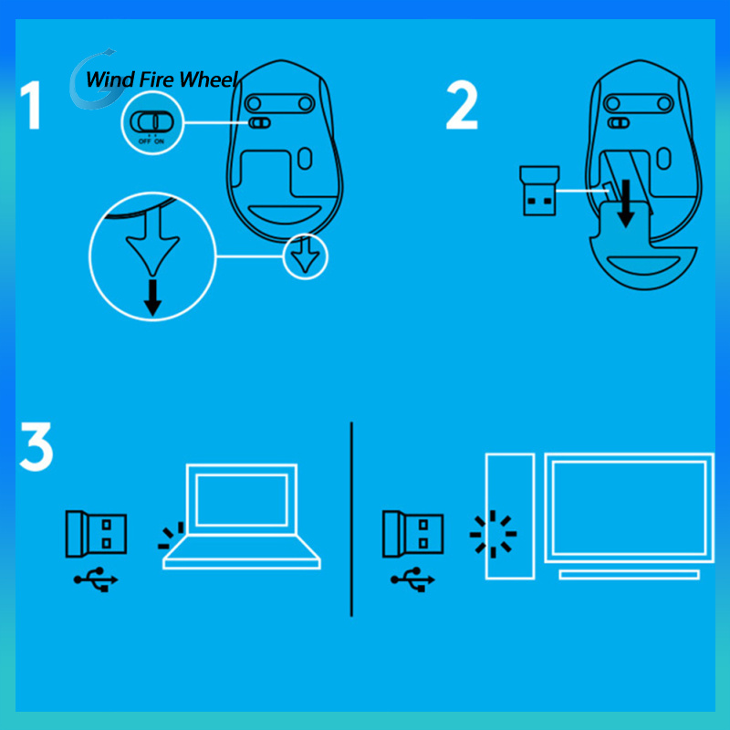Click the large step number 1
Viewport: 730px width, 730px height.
coord(32,105)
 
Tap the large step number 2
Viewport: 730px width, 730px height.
coord(462,105)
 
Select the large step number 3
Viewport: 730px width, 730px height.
coord(36,447)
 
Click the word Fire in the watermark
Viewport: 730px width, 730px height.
coord(156,79)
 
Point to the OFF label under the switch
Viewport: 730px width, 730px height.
coord(145,141)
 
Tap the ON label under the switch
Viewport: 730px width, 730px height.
coord(159,141)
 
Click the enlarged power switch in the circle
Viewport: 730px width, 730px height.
coord(151,122)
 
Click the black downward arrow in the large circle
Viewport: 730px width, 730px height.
coord(152,298)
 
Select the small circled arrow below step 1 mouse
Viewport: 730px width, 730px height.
coord(306,256)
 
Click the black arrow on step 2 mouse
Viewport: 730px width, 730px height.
coord(626,203)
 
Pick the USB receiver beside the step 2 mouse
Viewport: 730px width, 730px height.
coord(539,191)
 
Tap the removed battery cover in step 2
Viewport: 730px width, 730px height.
coord(642,246)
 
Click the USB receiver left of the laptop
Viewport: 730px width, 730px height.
coord(97,534)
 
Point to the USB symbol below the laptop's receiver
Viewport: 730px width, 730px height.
coord(96,579)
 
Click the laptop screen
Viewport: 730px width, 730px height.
coord(241,500)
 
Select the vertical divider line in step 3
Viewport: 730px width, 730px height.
coord(351,519)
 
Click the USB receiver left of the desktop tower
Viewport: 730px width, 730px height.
coord(413,534)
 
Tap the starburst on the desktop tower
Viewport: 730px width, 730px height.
coord(493,534)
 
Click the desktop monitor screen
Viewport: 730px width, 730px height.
coord(630,508)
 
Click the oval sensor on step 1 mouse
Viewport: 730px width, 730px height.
coord(305,159)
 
